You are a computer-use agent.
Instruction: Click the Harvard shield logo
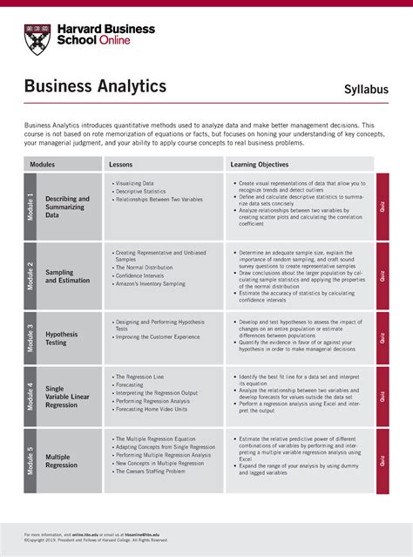[38, 38]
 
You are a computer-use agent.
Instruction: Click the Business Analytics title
[95, 86]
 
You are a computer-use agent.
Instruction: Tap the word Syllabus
[366, 90]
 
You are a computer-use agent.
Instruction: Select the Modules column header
[42, 164]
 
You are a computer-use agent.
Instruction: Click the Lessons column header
[120, 164]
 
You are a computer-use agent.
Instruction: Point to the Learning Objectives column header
[260, 164]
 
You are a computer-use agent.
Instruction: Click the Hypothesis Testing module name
[62, 339]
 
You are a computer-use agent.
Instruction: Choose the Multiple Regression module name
[62, 461]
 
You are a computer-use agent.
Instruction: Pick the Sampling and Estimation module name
[66, 276]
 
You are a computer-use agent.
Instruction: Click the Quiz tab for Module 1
[383, 207]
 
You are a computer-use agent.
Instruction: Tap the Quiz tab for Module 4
[383, 397]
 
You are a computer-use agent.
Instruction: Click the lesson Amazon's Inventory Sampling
[149, 283]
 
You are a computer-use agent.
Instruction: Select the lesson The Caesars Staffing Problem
[151, 472]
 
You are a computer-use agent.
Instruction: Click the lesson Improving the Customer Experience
[158, 336]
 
